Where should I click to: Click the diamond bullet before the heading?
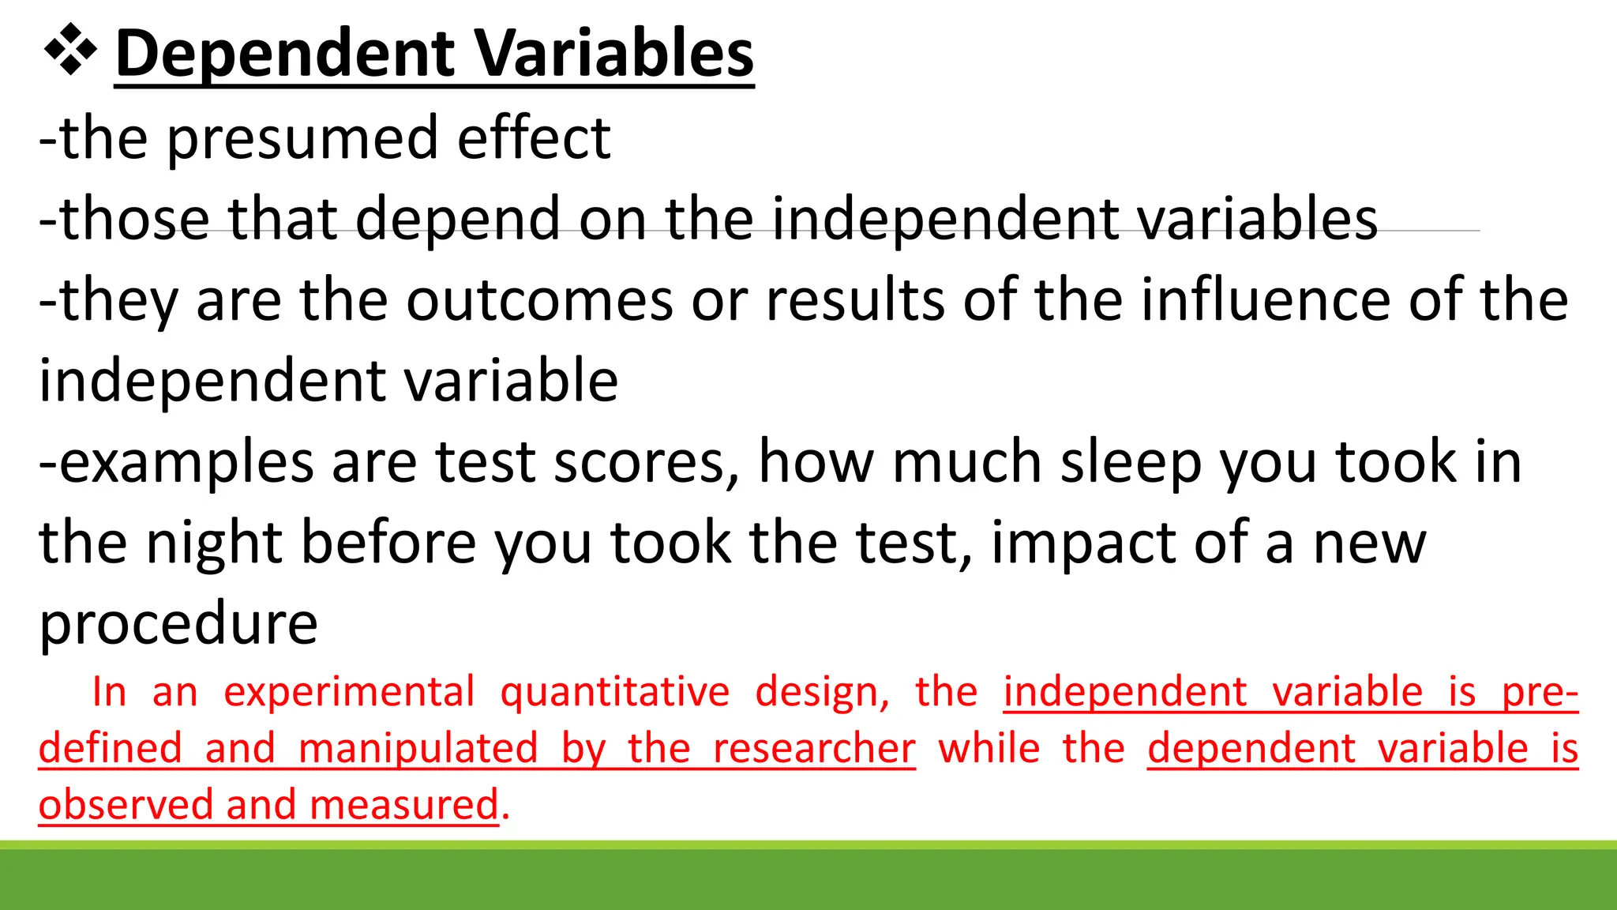(71, 52)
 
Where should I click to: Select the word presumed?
(302, 139)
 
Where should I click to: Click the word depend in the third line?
(459, 220)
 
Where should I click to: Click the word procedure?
(178, 624)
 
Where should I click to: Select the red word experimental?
(349, 692)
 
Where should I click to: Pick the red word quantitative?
(615, 694)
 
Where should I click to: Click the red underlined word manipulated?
(418, 749)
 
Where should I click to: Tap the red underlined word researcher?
(814, 749)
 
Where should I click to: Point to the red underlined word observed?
(126, 805)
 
